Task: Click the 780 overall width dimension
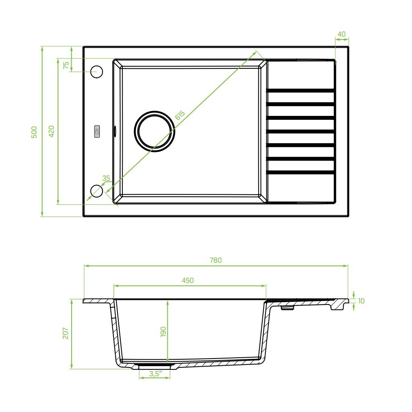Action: (x=215, y=260)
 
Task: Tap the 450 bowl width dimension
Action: (x=187, y=280)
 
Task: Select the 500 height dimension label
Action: (x=35, y=132)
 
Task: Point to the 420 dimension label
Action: (x=51, y=131)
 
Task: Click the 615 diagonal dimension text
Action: (x=180, y=115)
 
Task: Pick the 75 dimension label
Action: (x=66, y=65)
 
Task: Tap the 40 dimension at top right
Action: (x=342, y=34)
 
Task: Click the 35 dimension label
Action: (x=106, y=178)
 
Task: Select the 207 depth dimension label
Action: (x=66, y=333)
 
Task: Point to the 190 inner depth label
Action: (x=163, y=332)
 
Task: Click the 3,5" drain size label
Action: (x=155, y=374)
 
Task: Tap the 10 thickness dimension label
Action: (x=361, y=301)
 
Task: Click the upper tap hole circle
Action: (x=97, y=72)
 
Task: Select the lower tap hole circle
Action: (x=97, y=191)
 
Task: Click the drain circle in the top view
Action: (x=154, y=131)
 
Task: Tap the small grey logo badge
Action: (x=97, y=132)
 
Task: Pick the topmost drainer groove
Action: (x=301, y=91)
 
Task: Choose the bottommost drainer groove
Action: (x=301, y=172)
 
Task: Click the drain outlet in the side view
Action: (x=155, y=366)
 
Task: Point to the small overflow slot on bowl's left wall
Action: (x=115, y=130)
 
